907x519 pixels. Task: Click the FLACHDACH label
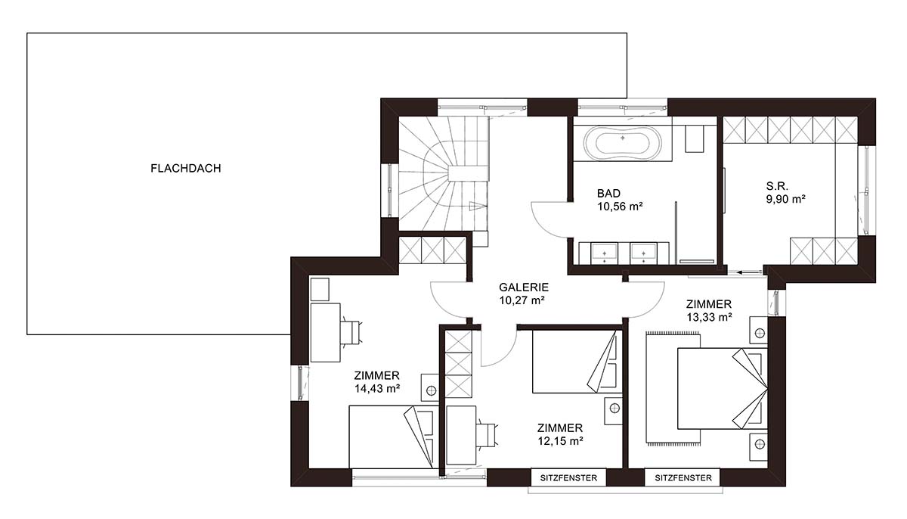[x=186, y=169]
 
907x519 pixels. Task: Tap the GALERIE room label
[x=524, y=287]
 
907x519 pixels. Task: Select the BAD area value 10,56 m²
[x=620, y=207]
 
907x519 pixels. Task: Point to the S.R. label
[x=777, y=186]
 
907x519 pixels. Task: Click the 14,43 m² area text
[x=377, y=389]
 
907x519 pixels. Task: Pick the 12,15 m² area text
[x=560, y=441]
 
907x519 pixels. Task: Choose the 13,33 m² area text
[x=709, y=317]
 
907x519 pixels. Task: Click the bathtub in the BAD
[x=623, y=143]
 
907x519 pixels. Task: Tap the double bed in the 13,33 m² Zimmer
[x=723, y=388]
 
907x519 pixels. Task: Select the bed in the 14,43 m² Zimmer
[x=394, y=437]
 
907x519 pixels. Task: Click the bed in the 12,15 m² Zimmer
[x=577, y=362]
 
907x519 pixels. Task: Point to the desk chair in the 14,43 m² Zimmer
[x=351, y=333]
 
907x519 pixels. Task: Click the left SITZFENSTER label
[x=568, y=478]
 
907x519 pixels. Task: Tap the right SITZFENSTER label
[x=683, y=478]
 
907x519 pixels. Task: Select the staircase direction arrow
[x=477, y=206]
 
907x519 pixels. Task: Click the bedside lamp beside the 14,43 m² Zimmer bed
[x=432, y=390]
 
